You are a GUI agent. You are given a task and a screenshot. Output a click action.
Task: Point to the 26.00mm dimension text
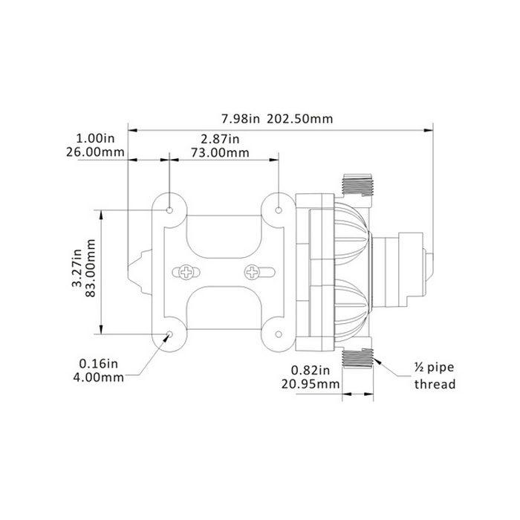point(94,153)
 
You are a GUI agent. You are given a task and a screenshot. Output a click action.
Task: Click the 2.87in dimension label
point(221,139)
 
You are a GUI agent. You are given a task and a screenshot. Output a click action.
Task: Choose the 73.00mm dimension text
point(221,153)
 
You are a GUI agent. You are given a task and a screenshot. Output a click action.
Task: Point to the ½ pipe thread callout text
point(435,376)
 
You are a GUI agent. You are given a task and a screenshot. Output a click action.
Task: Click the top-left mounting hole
point(170,211)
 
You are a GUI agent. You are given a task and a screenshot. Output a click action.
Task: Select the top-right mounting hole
point(279,211)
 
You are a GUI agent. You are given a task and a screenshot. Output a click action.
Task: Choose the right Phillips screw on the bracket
point(254,272)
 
